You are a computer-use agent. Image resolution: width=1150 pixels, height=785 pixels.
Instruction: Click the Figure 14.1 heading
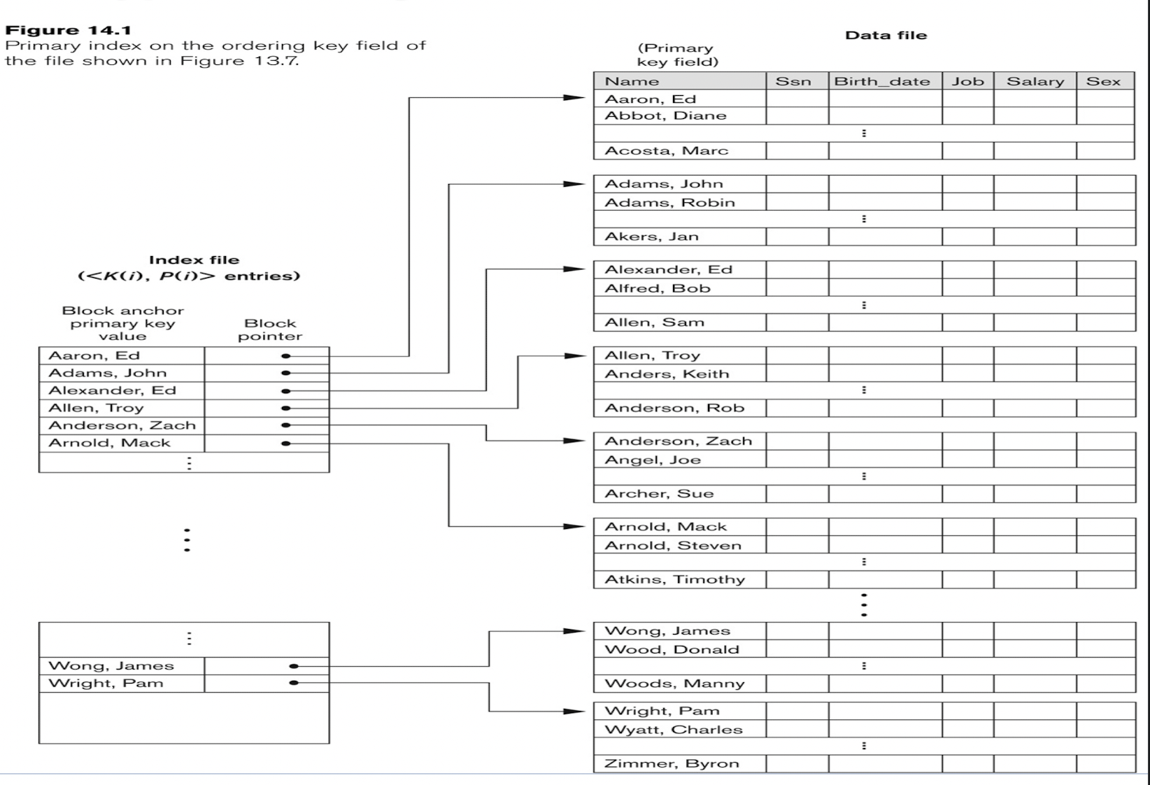pos(68,30)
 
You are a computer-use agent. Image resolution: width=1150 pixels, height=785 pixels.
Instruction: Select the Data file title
pos(886,35)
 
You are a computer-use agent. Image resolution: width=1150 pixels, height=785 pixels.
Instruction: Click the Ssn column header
pos(793,81)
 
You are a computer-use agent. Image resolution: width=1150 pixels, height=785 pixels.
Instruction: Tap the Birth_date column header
pos(881,81)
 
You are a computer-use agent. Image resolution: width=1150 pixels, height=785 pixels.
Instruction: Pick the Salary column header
pos(1035,81)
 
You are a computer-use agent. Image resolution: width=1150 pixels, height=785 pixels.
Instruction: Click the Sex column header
pos(1103,81)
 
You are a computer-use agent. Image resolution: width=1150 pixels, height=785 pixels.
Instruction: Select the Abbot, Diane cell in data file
pos(665,115)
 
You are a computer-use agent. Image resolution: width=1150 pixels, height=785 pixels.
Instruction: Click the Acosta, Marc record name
pos(666,150)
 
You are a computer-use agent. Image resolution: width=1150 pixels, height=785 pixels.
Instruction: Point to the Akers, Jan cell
pos(651,236)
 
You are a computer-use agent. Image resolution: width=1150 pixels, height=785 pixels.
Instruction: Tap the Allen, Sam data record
pos(654,323)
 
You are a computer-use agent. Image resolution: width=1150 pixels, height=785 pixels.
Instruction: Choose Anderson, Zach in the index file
pos(122,425)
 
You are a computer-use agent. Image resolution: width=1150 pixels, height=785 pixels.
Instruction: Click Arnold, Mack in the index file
pos(109,443)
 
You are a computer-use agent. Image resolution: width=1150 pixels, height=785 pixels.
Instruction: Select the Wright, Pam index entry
pos(106,683)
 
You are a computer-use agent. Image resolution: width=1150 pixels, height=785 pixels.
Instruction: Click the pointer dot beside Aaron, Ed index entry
pos(285,355)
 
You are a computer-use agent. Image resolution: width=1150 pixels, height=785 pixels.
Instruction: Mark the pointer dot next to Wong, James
pos(294,666)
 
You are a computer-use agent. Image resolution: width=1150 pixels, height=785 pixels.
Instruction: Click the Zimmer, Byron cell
pos(672,763)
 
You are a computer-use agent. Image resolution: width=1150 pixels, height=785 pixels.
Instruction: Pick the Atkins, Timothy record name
pos(674,579)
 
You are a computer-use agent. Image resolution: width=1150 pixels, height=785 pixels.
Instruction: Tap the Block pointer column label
pos(270,330)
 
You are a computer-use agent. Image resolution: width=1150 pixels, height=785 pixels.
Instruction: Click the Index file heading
pos(194,260)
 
